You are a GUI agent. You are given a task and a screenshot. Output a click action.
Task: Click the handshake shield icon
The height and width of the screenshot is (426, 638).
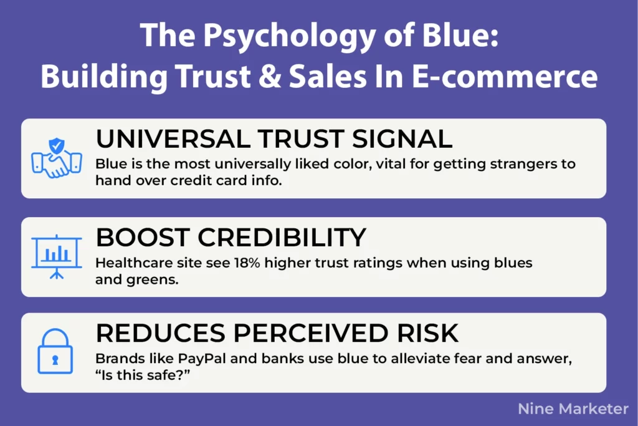[57, 158]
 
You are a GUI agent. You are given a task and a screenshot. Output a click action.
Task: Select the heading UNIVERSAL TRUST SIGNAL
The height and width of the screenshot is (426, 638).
[274, 138]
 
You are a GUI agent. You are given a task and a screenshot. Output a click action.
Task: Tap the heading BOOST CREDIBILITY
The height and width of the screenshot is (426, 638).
[231, 238]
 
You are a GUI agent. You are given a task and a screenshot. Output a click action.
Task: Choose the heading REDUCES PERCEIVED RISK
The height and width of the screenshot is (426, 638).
[277, 334]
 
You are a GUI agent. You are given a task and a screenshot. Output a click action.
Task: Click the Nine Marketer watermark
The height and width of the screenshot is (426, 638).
[573, 409]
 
